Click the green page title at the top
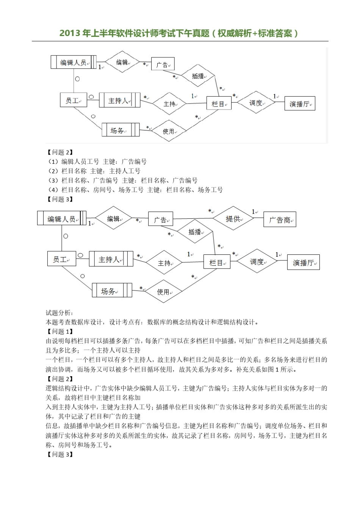click(x=180, y=33)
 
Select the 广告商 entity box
click(x=280, y=220)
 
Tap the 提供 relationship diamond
click(x=233, y=219)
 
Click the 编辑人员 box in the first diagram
click(x=74, y=62)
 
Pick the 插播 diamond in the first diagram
click(x=198, y=76)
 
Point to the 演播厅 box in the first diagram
click(x=300, y=104)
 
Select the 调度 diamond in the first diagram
click(x=256, y=103)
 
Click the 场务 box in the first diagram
click(x=121, y=130)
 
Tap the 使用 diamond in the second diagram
click(x=163, y=292)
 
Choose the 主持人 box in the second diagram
click(x=111, y=259)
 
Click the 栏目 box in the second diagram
click(x=217, y=262)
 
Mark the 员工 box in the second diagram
click(x=61, y=259)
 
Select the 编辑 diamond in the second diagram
click(x=113, y=218)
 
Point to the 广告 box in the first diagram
click(x=163, y=64)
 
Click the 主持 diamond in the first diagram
click(x=169, y=104)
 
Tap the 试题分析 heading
click(x=59, y=313)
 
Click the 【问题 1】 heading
click(x=59, y=331)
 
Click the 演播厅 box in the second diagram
click(x=304, y=262)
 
